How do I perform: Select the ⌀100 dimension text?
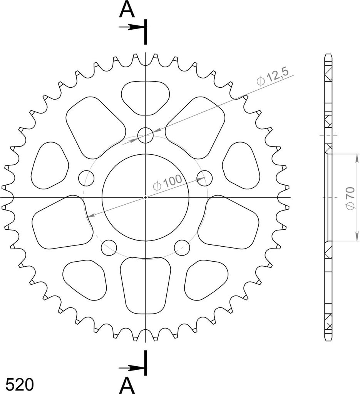pos(167,183)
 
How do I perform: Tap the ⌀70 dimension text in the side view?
pos(350,198)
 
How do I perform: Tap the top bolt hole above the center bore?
pos(146,128)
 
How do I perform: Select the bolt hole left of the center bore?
pos(79,178)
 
